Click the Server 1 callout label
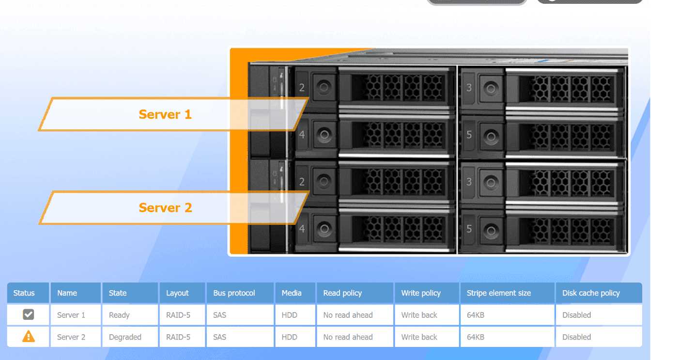(x=165, y=114)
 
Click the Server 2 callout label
(x=165, y=208)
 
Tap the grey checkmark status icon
(x=29, y=315)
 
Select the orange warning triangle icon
(x=29, y=337)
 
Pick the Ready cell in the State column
(x=119, y=315)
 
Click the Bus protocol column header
(x=234, y=293)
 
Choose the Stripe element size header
(x=498, y=293)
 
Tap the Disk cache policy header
(x=591, y=293)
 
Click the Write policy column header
(x=421, y=293)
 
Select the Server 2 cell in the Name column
(x=71, y=337)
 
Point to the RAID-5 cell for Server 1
(x=178, y=315)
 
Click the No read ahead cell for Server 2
(x=348, y=337)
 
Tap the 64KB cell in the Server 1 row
(x=476, y=315)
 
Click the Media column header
(x=292, y=293)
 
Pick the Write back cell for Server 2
(x=419, y=337)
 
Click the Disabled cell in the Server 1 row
(x=576, y=315)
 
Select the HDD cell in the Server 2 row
(x=290, y=337)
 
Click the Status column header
(x=24, y=293)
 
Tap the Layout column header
(x=177, y=293)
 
